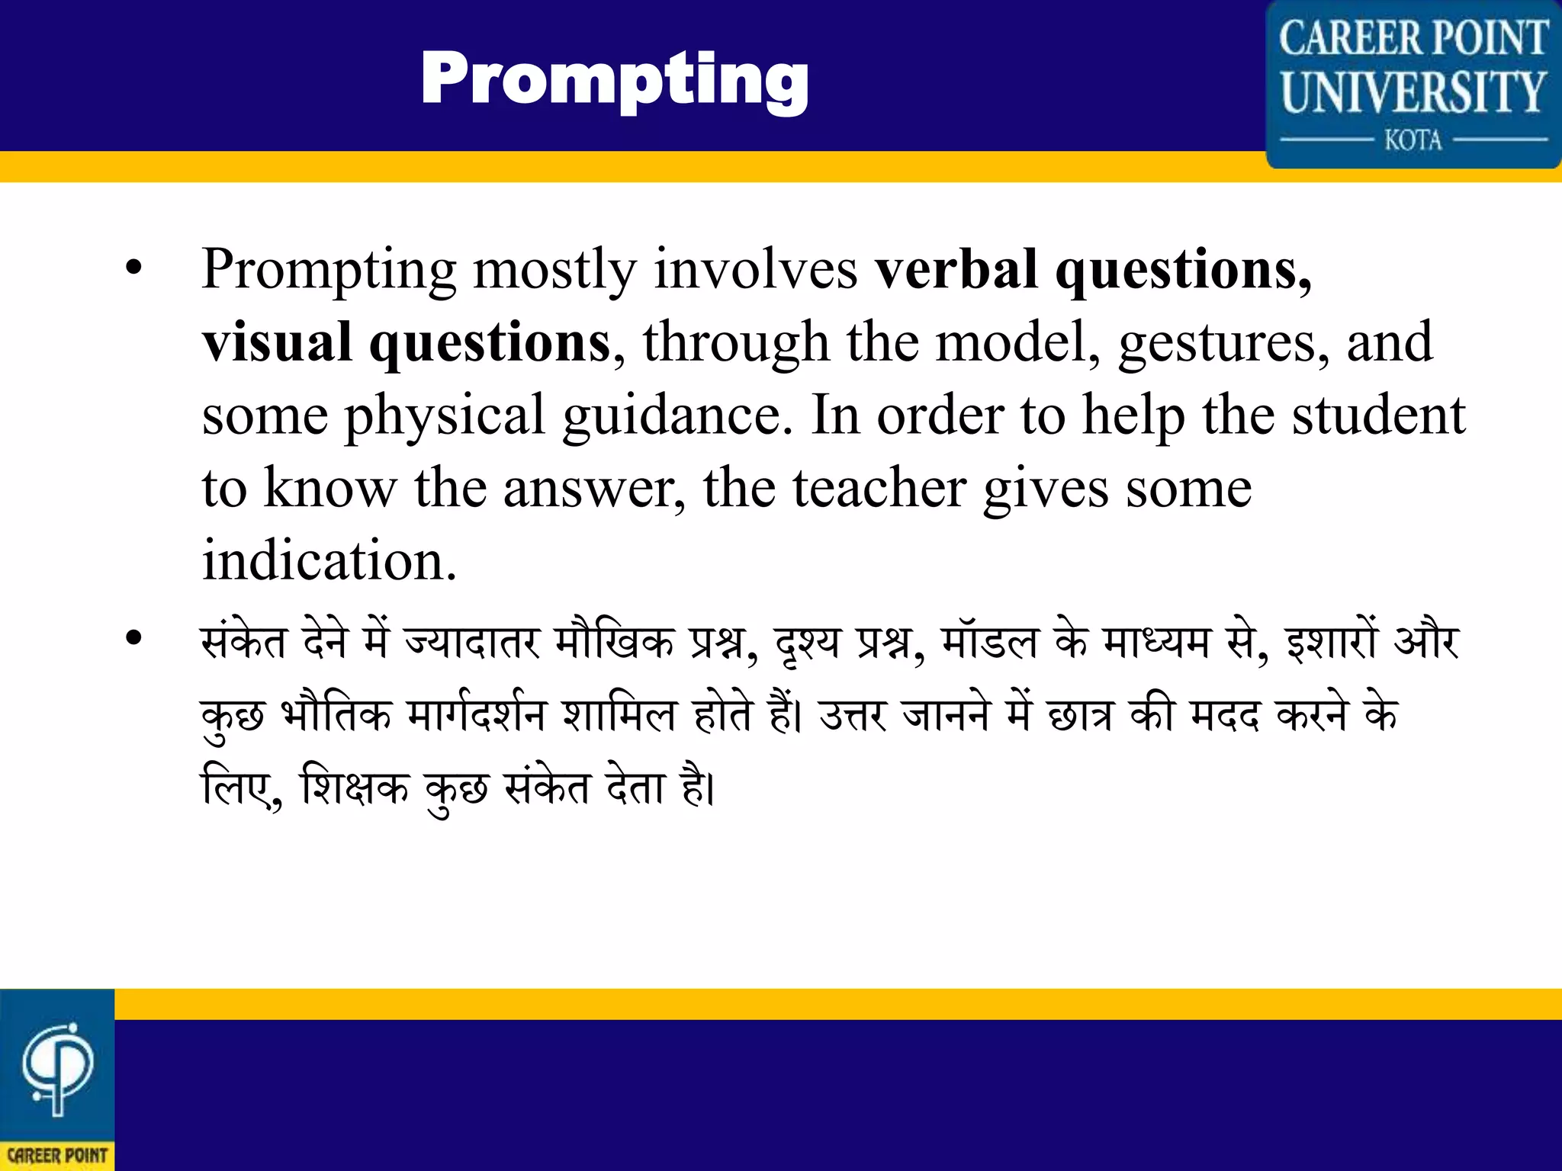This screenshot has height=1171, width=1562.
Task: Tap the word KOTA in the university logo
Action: click(x=1413, y=140)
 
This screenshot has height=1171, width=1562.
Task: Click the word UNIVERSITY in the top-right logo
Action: click(x=1413, y=92)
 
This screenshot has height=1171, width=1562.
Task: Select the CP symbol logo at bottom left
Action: click(x=57, y=1067)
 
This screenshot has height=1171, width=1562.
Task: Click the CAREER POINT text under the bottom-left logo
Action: click(x=57, y=1155)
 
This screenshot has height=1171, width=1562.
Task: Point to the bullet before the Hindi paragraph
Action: click(x=134, y=639)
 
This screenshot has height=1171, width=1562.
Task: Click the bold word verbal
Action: click(x=956, y=270)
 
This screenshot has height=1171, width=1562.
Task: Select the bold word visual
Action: click(x=277, y=342)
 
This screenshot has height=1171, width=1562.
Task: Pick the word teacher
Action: click(x=879, y=488)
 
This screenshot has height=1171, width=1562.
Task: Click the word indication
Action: click(x=329, y=560)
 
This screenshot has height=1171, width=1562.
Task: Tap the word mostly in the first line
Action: click(x=554, y=270)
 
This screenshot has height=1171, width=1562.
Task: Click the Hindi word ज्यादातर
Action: click(x=472, y=642)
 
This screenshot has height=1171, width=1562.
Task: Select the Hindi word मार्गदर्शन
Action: click(x=477, y=715)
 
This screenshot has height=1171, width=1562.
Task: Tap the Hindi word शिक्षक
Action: click(x=355, y=787)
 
